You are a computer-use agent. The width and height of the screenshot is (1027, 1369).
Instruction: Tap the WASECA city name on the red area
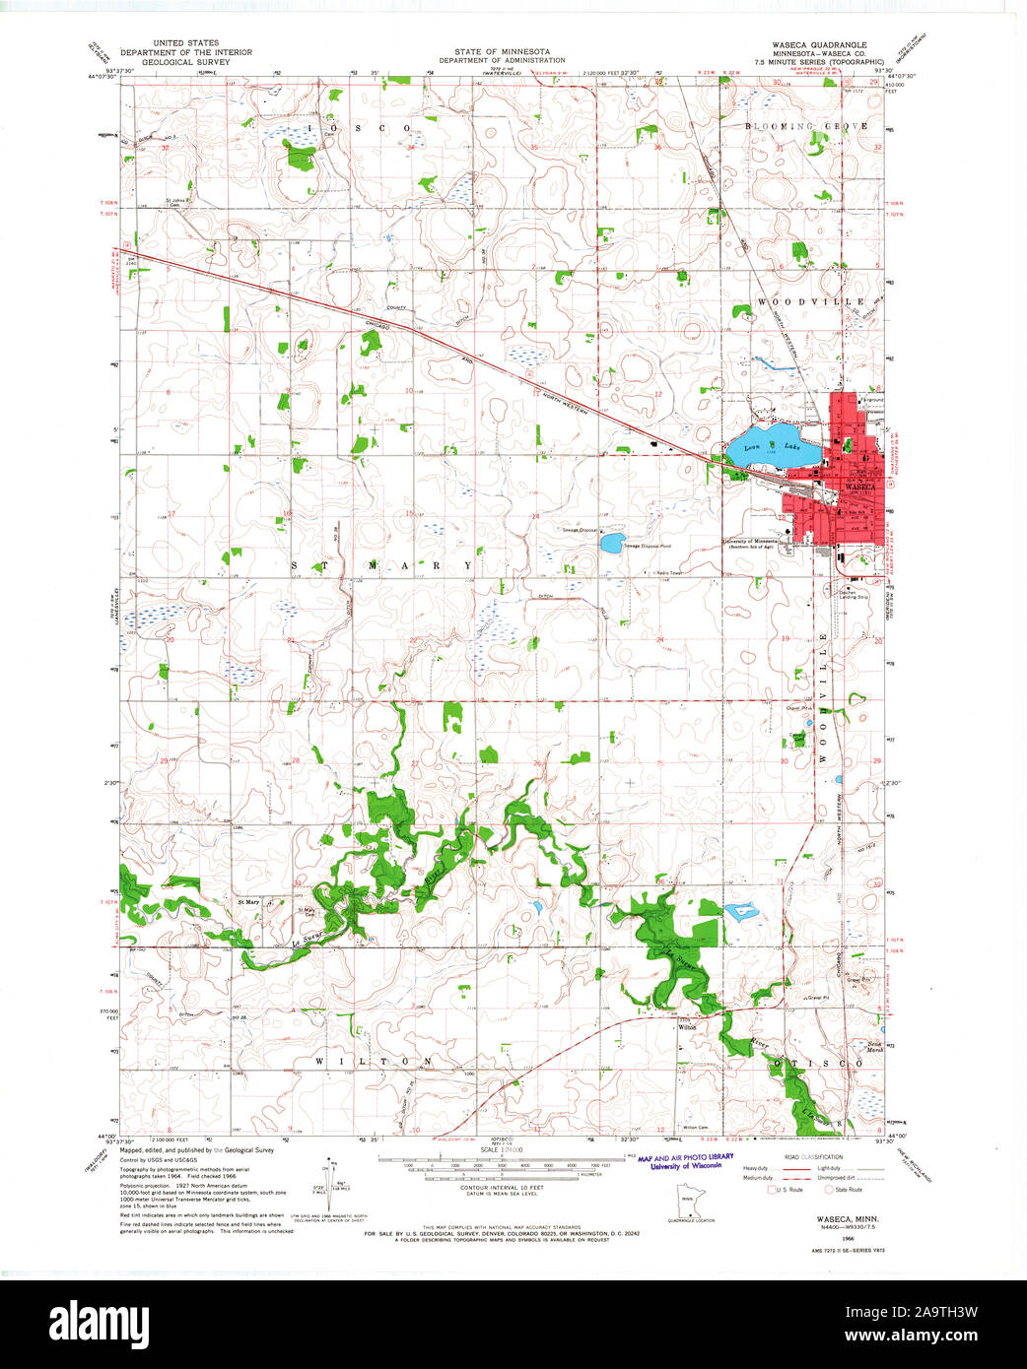coord(860,487)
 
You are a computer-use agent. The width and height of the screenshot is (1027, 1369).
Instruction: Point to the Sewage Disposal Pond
coord(612,542)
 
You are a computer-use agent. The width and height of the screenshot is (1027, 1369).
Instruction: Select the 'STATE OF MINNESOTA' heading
coord(503,50)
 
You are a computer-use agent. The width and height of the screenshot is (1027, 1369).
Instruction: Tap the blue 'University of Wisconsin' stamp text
coord(685,1165)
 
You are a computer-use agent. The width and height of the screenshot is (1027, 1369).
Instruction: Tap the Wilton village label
coord(687,1026)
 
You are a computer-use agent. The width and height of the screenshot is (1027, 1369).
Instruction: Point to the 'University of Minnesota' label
coord(751,541)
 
